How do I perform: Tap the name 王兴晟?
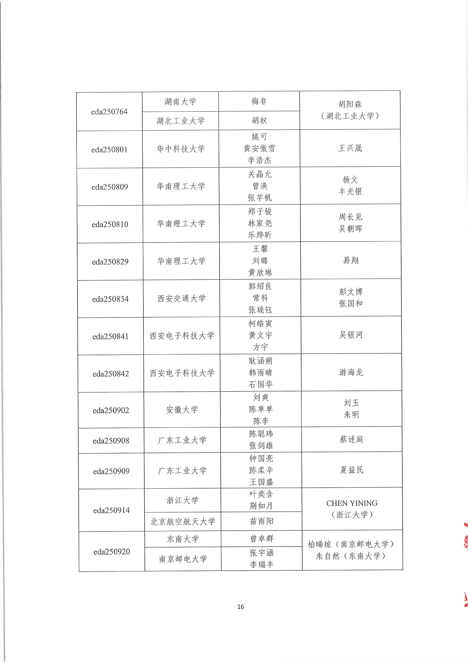pyautogui.click(x=350, y=148)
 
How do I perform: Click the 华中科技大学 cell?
pyautogui.click(x=181, y=149)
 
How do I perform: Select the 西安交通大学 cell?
pyautogui.click(x=182, y=298)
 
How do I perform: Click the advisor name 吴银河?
pyautogui.click(x=351, y=335)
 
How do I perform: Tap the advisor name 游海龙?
pyautogui.click(x=351, y=372)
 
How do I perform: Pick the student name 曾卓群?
pyautogui.click(x=261, y=539)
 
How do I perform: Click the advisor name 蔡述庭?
pyautogui.click(x=351, y=439)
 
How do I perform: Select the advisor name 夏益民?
pyautogui.click(x=352, y=470)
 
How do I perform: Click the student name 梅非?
pyautogui.click(x=259, y=101)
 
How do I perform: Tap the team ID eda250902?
pyautogui.click(x=111, y=410)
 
